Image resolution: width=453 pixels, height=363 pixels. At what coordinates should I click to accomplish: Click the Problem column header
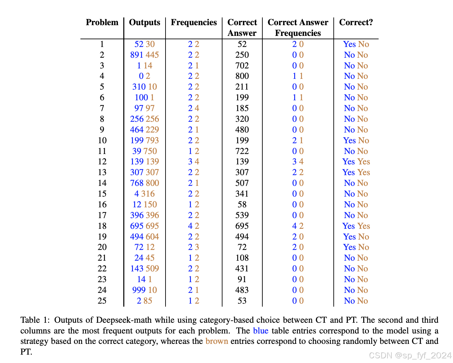coord(102,22)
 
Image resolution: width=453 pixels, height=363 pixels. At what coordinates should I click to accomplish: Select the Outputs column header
coord(145,22)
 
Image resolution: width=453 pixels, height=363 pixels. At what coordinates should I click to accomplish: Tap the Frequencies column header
coord(194,22)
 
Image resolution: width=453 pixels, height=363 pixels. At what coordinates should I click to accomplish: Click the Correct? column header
coord(356,22)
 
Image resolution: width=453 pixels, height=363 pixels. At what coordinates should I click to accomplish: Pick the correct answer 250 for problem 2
coord(242,55)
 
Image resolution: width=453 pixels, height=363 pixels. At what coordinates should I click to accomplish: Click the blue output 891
coord(137,55)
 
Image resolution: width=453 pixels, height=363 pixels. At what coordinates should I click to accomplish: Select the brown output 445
coord(152,55)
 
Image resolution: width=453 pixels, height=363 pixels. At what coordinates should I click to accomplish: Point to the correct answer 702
coord(242,65)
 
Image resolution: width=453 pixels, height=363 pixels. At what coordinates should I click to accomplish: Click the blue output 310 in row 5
coord(139,87)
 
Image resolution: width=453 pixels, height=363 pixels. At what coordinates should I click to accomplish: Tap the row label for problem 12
coord(102,161)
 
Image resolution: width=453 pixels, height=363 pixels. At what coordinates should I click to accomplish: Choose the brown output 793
coord(152,140)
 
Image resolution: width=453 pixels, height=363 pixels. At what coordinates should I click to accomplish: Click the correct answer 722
coord(242,151)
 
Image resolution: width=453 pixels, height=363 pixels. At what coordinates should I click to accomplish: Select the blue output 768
coord(137,183)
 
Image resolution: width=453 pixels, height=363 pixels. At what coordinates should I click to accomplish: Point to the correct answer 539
coord(242,215)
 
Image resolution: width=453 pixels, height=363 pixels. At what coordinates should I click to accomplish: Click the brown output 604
coord(152,237)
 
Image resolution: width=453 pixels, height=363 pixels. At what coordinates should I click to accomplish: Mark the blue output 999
coord(139,290)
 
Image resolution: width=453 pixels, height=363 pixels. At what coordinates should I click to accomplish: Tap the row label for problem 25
coord(102,301)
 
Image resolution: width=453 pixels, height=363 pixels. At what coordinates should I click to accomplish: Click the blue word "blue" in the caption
coord(261,330)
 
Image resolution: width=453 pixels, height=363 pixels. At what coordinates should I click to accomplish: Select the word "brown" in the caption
coord(217,341)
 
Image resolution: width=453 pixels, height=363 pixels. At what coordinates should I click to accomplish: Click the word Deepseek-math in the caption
coord(124,320)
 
